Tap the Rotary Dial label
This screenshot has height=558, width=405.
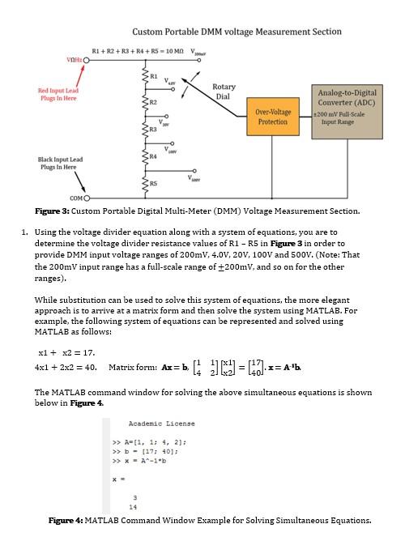pyautogui.click(x=224, y=91)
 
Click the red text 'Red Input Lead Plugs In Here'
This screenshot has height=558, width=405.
pyautogui.click(x=58, y=95)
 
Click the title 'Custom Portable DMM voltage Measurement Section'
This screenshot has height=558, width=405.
pyautogui.click(x=237, y=32)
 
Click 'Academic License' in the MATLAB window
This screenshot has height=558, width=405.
pyautogui.click(x=161, y=424)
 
